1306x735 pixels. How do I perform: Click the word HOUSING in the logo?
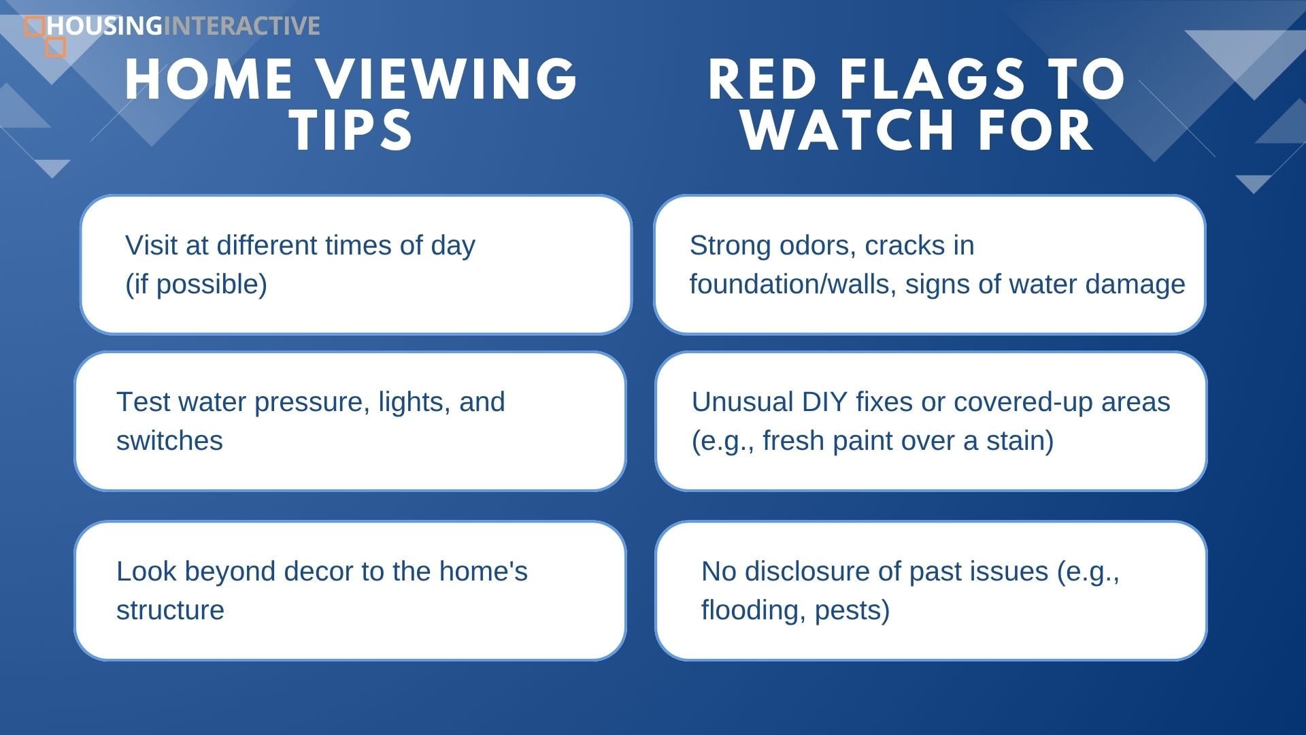pyautogui.click(x=105, y=26)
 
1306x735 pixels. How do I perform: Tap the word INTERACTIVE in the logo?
pyautogui.click(x=241, y=26)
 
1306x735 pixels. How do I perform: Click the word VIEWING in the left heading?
pyautogui.click(x=449, y=79)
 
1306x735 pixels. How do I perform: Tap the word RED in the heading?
pyautogui.click(x=763, y=79)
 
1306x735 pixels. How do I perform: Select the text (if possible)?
pyautogui.click(x=196, y=284)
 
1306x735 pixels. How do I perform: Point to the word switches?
pyautogui.click(x=169, y=441)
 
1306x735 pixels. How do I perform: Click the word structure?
pyautogui.click(x=170, y=611)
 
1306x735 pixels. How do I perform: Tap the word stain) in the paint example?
pyautogui.click(x=1020, y=441)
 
